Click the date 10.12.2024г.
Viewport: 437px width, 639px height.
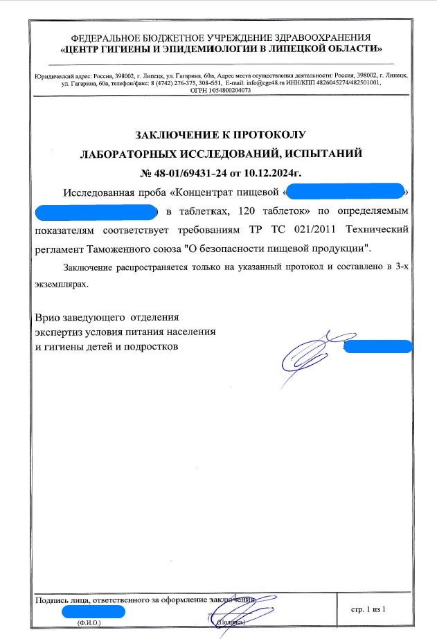[x=272, y=172]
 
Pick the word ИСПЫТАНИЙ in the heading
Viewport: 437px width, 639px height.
[x=325, y=153]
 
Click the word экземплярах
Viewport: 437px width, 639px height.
[x=62, y=284]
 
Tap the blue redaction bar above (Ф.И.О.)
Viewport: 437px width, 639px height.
[x=93, y=611]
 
